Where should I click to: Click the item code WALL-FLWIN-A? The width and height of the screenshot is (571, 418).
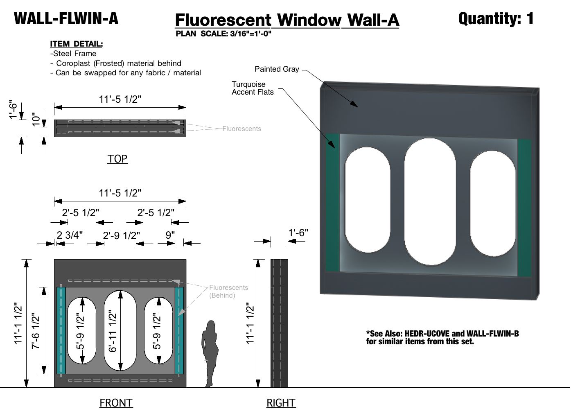(x=66, y=18)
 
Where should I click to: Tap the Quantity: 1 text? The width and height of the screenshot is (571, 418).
(x=496, y=18)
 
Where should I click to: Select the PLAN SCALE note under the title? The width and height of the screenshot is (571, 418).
(x=223, y=34)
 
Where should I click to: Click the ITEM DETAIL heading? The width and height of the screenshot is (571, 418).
(x=76, y=44)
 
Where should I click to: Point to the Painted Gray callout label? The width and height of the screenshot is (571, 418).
(x=277, y=69)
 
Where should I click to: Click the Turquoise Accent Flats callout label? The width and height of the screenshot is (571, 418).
(x=253, y=88)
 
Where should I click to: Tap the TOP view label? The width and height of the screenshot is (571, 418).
(x=117, y=159)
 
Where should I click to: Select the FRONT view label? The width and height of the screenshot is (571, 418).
(x=116, y=403)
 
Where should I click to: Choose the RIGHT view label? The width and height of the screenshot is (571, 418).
(x=281, y=403)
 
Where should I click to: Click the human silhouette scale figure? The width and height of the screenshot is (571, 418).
(x=210, y=354)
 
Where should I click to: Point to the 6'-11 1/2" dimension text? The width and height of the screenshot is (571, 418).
(x=113, y=331)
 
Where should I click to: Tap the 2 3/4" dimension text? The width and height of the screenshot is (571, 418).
(x=70, y=235)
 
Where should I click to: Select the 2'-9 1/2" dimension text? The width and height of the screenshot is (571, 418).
(x=121, y=235)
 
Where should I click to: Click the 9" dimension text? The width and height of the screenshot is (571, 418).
(x=170, y=235)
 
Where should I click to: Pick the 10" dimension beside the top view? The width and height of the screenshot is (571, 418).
(x=36, y=119)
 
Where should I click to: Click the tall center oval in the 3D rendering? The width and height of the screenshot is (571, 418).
(x=430, y=202)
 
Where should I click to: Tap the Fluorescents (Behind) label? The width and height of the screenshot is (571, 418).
(x=228, y=291)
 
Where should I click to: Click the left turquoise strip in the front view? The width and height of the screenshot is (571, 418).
(x=61, y=330)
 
